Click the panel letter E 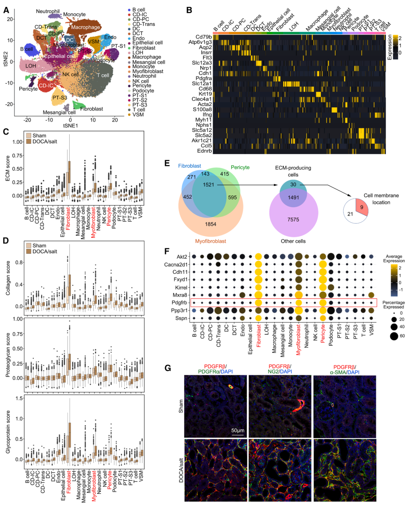pos(167,164)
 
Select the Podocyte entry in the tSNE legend pos(143,90)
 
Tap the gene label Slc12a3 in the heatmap pos(202,63)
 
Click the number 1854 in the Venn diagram pos(211,224)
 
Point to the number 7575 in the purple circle pos(293,220)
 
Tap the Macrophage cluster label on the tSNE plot pos(86,27)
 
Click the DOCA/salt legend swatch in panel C pos(29,141)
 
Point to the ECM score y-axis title pos(8,168)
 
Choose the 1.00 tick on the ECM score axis pos(18,142)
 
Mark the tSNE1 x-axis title pos(70,126)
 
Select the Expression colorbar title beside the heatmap pos(389,47)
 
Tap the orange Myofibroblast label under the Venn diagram pos(211,241)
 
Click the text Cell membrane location pos(381,199)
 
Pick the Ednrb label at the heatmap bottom pos(204,151)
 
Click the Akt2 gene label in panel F pos(182,257)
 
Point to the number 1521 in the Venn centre pos(209,185)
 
